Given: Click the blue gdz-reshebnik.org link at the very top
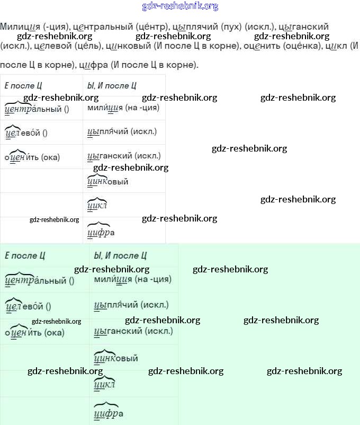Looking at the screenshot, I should (180, 6).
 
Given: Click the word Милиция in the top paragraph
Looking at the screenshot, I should (18, 26).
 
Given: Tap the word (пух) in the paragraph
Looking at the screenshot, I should (231, 26).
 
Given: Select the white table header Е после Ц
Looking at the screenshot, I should (23, 85).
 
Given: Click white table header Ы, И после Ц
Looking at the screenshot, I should (112, 85).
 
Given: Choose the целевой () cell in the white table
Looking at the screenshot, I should (26, 132).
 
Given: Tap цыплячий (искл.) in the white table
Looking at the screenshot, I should (122, 131).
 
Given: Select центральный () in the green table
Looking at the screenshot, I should (39, 280).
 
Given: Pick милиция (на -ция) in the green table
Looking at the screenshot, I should (132, 279).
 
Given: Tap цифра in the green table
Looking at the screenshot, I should (108, 413).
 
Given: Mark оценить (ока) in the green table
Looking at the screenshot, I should (34, 332).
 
